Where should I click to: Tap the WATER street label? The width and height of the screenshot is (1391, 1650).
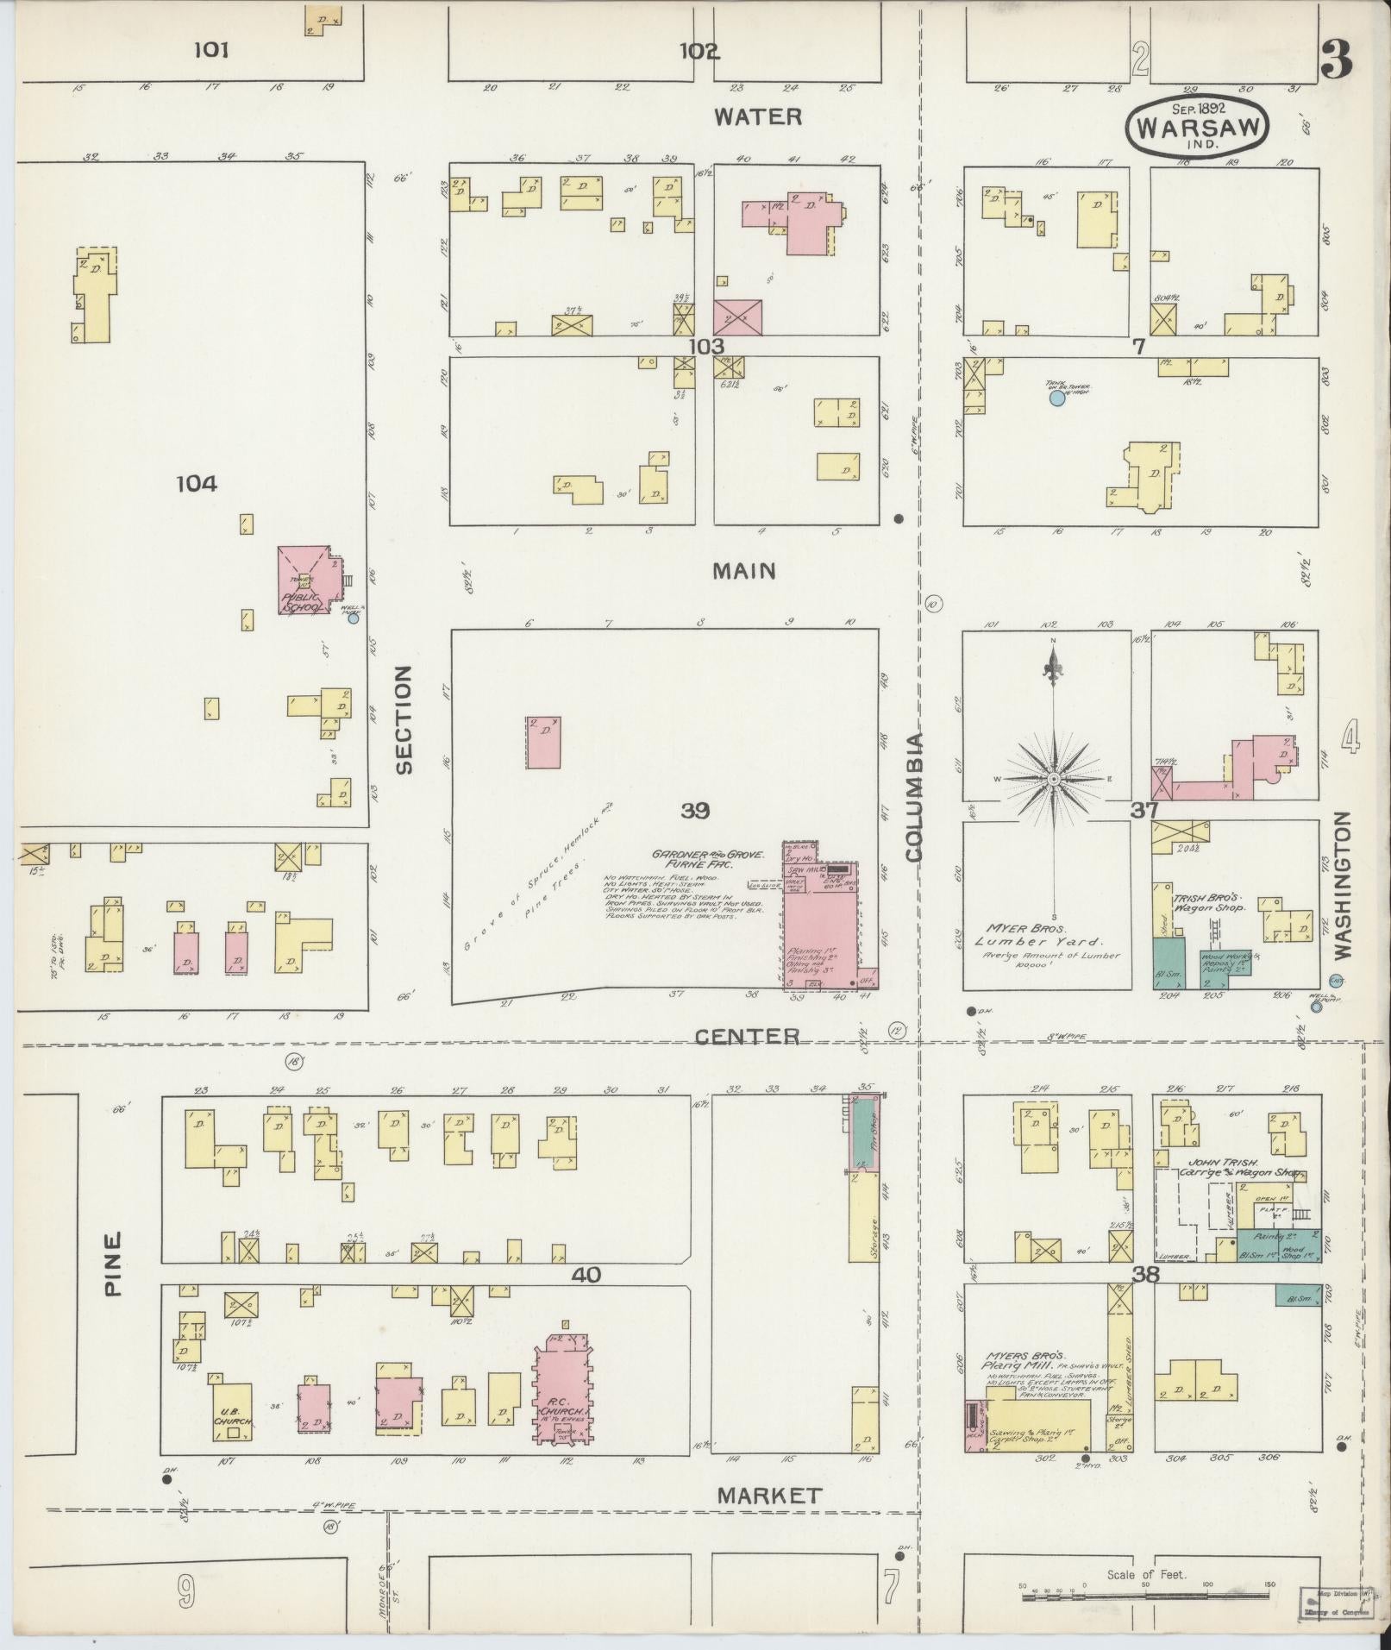(x=758, y=116)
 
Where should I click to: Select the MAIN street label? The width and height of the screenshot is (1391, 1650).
(x=744, y=570)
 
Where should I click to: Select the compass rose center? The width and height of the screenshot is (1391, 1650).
(x=1053, y=778)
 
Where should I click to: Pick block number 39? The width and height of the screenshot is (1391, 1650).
(x=694, y=810)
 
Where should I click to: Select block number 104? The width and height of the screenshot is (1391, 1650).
(x=196, y=484)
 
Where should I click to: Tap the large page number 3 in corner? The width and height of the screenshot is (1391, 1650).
(x=1335, y=60)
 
